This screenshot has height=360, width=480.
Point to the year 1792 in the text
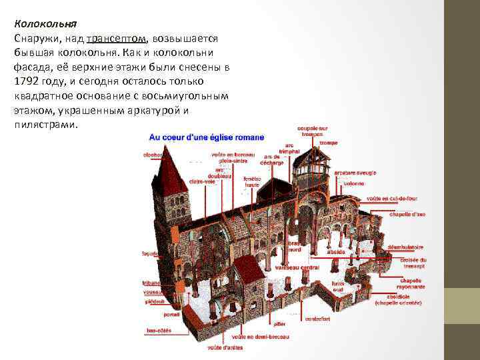click(27, 81)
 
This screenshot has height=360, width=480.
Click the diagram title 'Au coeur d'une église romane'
click(206, 137)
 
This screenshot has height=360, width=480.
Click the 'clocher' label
click(153, 155)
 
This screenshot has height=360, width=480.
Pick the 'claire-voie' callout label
click(202, 181)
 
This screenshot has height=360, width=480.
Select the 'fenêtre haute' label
click(252, 181)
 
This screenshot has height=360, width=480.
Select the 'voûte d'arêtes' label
click(225, 347)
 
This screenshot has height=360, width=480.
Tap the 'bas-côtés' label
click(159, 331)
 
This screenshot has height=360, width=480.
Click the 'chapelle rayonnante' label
click(409, 283)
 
